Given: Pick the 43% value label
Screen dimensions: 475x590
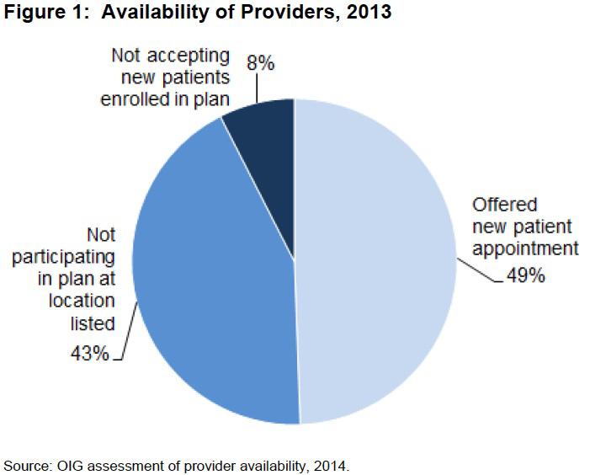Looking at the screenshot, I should pos(89,353).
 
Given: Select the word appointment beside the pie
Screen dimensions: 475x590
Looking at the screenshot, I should pos(525,249).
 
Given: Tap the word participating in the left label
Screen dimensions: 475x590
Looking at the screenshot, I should pos(64,259).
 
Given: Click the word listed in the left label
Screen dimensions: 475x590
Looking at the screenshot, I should pos(94,324).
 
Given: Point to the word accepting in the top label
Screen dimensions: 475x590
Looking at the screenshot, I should pos(189,56).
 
